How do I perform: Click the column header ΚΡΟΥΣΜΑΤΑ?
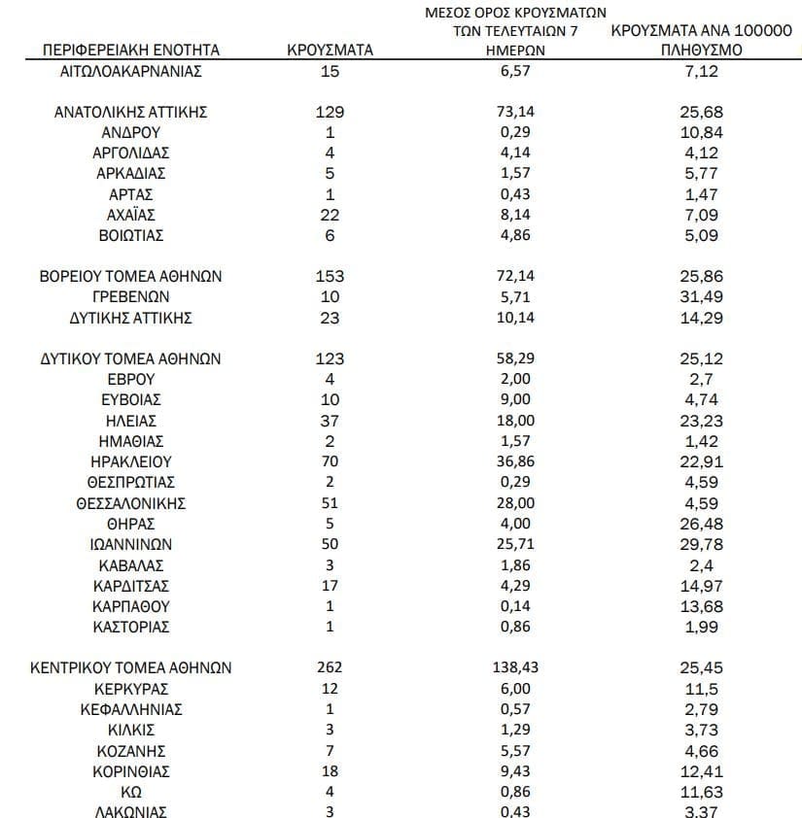(331, 51)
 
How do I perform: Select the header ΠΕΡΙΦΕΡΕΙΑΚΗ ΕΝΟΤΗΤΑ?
(131, 51)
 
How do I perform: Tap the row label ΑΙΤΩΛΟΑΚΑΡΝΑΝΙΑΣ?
(131, 71)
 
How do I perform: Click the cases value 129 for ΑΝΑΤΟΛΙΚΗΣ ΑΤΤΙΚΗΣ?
(331, 112)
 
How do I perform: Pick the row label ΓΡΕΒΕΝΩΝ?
(131, 297)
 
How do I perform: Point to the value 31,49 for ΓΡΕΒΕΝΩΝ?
(702, 297)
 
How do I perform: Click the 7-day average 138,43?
(515, 668)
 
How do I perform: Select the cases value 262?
(331, 668)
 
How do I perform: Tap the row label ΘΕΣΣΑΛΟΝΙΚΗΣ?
(131, 503)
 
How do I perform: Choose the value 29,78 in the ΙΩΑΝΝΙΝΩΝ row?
(702, 545)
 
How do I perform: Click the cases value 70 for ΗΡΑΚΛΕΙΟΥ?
(331, 462)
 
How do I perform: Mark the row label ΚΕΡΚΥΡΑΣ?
(131, 689)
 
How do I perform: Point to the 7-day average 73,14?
(515, 112)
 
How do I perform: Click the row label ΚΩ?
(131, 792)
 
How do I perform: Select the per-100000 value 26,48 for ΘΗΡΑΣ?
(702, 525)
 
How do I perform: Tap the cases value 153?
(331, 277)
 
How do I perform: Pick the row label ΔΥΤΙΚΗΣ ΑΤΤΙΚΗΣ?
(131, 318)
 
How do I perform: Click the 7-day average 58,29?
(515, 359)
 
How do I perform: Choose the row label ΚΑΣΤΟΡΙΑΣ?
(131, 628)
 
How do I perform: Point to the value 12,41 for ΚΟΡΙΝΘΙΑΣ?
(702, 771)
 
